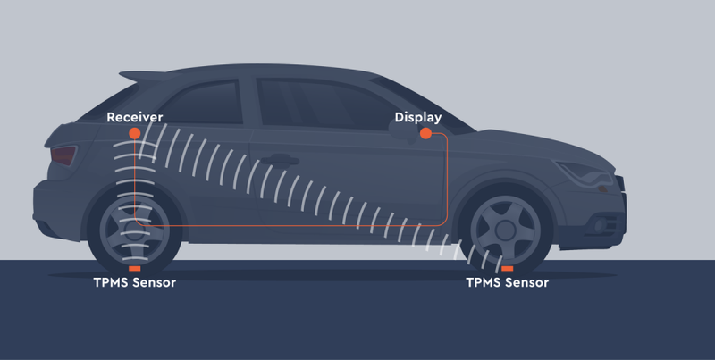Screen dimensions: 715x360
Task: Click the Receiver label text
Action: click(133, 117)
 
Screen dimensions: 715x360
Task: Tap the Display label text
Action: click(418, 117)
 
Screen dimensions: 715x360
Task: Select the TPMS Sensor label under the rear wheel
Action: click(134, 283)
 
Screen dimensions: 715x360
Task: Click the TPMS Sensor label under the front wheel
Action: click(507, 283)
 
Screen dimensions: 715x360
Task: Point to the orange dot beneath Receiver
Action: click(134, 133)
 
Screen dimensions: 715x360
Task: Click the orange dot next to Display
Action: click(426, 133)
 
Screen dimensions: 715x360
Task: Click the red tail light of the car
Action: click(63, 156)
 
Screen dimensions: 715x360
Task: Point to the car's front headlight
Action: click(585, 169)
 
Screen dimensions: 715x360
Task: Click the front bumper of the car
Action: click(617, 210)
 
